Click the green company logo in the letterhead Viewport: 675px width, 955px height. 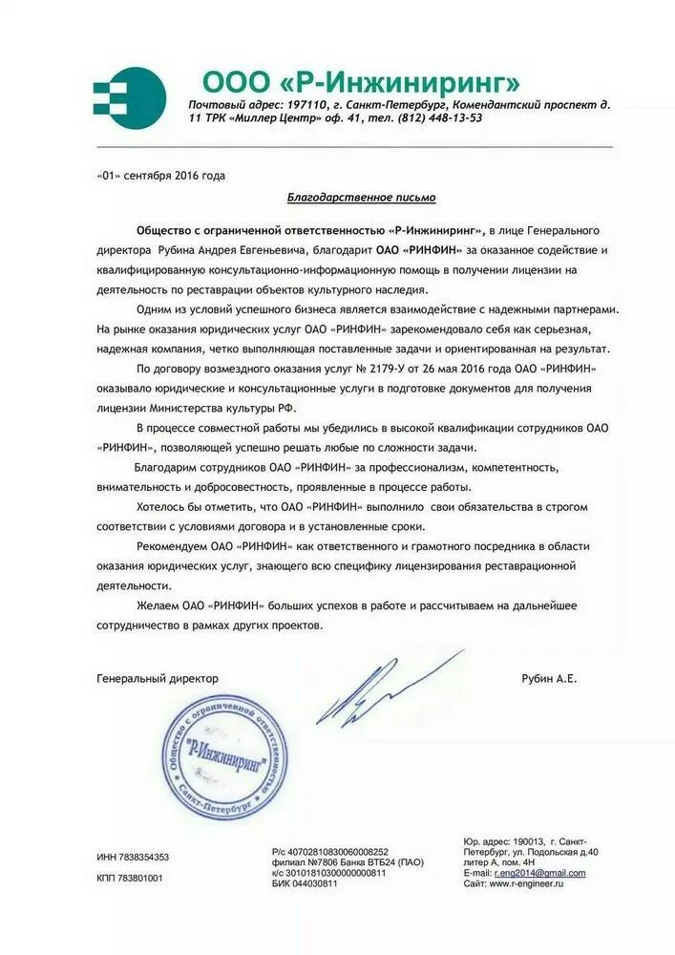click(121, 93)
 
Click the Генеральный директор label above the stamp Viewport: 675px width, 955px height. click(158, 678)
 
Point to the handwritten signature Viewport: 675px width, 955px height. click(382, 687)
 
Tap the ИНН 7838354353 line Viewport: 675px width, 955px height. click(133, 857)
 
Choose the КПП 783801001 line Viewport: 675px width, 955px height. click(130, 878)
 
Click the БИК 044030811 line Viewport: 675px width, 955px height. click(305, 883)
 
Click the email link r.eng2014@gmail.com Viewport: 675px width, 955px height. click(539, 873)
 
